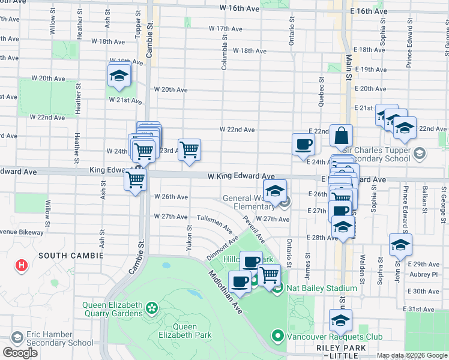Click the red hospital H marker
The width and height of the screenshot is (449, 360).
22,265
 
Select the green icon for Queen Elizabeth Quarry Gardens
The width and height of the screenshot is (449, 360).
151,308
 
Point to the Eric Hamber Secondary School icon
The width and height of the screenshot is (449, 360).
17,337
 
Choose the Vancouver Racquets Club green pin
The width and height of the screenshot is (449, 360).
277,335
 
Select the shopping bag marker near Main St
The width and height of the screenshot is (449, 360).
341,136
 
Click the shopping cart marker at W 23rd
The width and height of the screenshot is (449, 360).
189,150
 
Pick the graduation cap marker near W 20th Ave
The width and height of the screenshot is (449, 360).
119,76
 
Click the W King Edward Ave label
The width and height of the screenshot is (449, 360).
241,176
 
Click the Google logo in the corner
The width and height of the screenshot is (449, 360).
20,353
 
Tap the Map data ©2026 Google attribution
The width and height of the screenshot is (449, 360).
412,355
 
